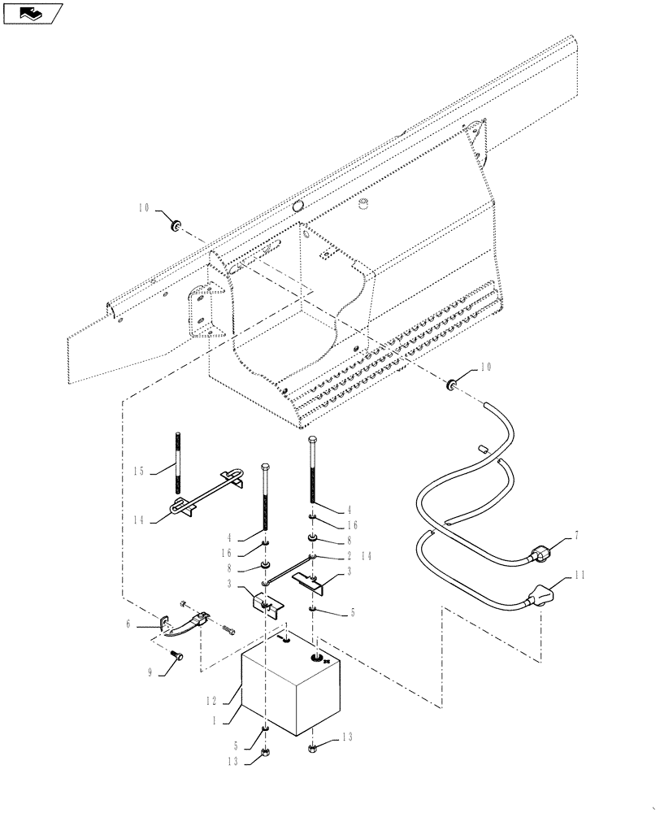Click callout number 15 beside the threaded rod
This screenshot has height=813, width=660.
click(138, 470)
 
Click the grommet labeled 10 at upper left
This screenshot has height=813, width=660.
click(174, 224)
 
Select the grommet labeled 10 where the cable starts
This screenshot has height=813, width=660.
click(449, 381)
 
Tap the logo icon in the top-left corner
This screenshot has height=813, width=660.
click(33, 13)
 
